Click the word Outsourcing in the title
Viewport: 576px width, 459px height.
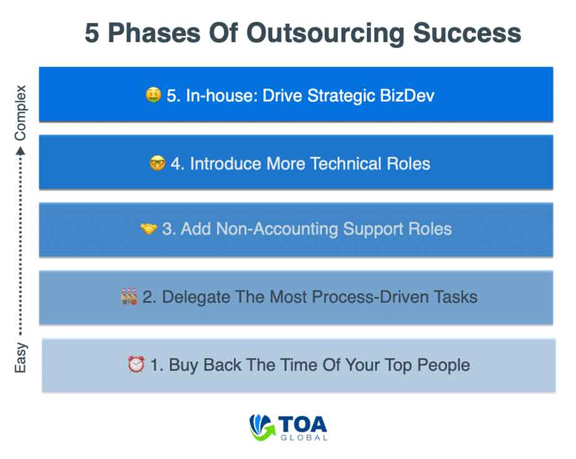pyautogui.click(x=325, y=34)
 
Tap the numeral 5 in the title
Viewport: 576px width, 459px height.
pyautogui.click(x=92, y=33)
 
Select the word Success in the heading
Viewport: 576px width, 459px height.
pyautogui.click(x=467, y=33)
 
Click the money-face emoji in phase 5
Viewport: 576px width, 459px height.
pyautogui.click(x=153, y=95)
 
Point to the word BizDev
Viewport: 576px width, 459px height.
pyautogui.click(x=407, y=95)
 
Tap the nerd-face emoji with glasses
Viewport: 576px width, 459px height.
pyautogui.click(x=157, y=163)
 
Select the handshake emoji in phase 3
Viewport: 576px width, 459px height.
pyautogui.click(x=148, y=229)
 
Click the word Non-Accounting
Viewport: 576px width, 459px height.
pyautogui.click(x=277, y=229)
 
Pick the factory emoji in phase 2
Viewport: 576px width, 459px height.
pyautogui.click(x=129, y=296)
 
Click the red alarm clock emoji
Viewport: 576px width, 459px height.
pyautogui.click(x=136, y=364)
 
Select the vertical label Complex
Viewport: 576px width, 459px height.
pyautogui.click(x=20, y=113)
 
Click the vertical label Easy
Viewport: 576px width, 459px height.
pyautogui.click(x=20, y=357)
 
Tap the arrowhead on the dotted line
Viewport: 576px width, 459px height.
pyautogui.click(x=21, y=151)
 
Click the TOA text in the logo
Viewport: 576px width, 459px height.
pyautogui.click(x=302, y=425)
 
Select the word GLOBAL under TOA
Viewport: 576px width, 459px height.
pyautogui.click(x=304, y=438)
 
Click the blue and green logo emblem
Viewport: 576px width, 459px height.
pyautogui.click(x=262, y=427)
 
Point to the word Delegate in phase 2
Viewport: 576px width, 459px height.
pyautogui.click(x=196, y=297)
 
